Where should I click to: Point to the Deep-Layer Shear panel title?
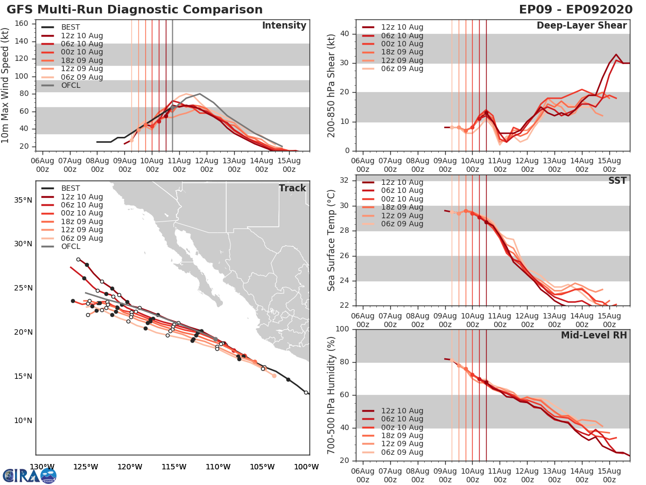pyautogui.click(x=581, y=26)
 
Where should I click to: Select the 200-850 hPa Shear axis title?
pyautogui.click(x=332, y=85)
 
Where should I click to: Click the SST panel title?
pyautogui.click(x=617, y=181)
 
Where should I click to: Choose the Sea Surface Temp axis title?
pyautogui.click(x=332, y=240)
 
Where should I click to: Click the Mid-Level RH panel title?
pyautogui.click(x=594, y=335)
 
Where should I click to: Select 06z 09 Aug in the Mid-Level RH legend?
pyautogui.click(x=402, y=452)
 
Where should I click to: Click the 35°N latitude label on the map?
pyautogui.click(x=23, y=200)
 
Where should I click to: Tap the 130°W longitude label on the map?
pyautogui.click(x=41, y=467)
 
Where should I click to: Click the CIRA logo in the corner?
pyautogui.click(x=29, y=475)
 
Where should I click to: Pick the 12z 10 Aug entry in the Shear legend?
pyautogui.click(x=402, y=27)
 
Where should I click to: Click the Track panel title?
pyautogui.click(x=292, y=188)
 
